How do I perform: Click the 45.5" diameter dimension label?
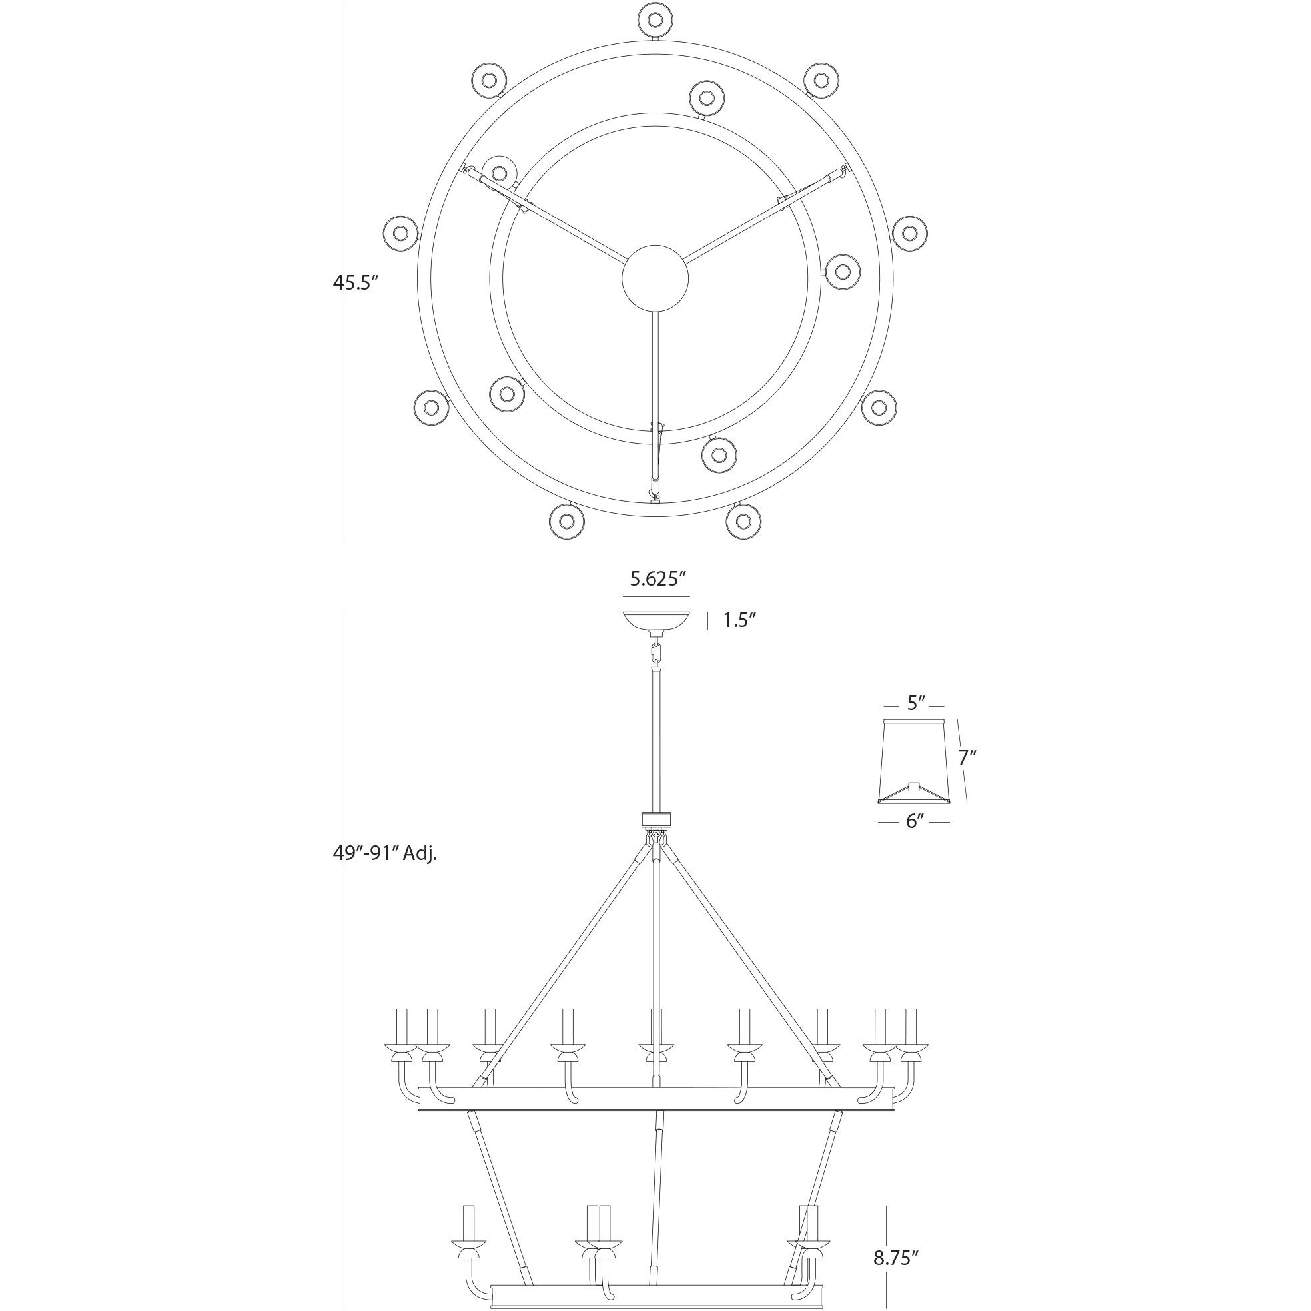tap(354, 283)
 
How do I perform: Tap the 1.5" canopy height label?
tap(739, 620)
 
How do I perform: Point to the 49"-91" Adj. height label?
tap(384, 853)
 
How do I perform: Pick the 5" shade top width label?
tap(916, 703)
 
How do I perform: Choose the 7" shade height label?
tap(967, 757)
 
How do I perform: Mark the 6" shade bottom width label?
tap(915, 822)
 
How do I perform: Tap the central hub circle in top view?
tap(655, 278)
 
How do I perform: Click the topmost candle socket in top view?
tap(655, 19)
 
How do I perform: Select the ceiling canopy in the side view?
tap(656, 620)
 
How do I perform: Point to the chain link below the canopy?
tap(655, 655)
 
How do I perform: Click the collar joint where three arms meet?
tap(655, 821)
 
